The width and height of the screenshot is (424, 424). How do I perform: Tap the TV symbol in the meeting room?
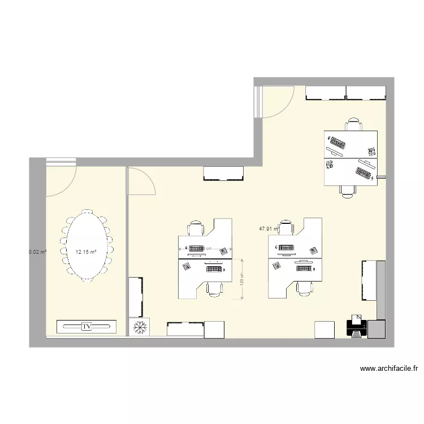pyautogui.click(x=86, y=326)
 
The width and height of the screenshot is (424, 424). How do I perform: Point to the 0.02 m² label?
pyautogui.click(x=37, y=252)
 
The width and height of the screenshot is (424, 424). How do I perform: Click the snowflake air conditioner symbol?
pyautogui.click(x=139, y=327)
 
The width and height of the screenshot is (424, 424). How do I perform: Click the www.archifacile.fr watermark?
pyautogui.click(x=389, y=369)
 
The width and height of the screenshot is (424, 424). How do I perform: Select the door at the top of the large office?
pyautogui.click(x=277, y=102)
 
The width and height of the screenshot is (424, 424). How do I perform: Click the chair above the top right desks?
pyautogui.click(x=354, y=124)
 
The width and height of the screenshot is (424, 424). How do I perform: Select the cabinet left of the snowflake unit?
pyautogui.click(x=136, y=297)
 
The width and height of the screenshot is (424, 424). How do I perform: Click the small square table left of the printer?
pyautogui.click(x=325, y=330)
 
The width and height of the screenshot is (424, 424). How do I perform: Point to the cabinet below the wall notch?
pyautogui.click(x=224, y=173)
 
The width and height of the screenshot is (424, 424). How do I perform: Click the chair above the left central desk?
pyautogui.click(x=196, y=228)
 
